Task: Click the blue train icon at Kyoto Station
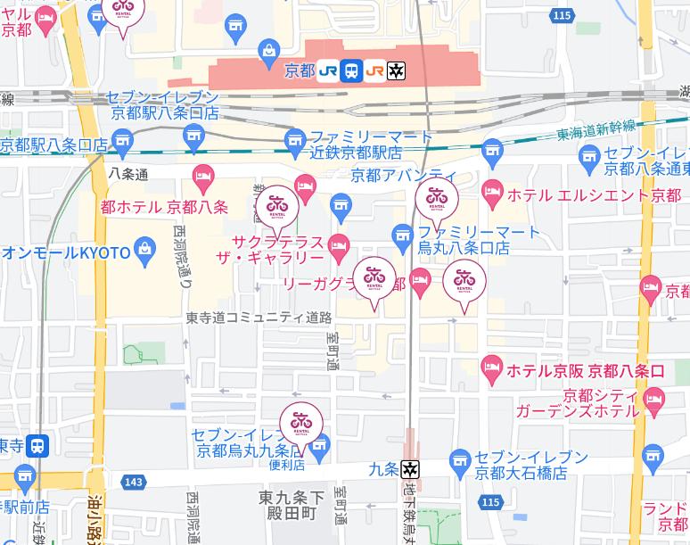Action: point(351,70)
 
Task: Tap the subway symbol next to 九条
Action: point(410,467)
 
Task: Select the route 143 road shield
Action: point(134,482)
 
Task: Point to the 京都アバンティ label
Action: point(403,175)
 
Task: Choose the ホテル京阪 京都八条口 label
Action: point(585,369)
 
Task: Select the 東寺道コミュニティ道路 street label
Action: point(259,318)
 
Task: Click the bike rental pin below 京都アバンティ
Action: point(437,200)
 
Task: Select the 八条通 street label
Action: point(128,174)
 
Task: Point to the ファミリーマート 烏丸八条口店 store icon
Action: point(402,236)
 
